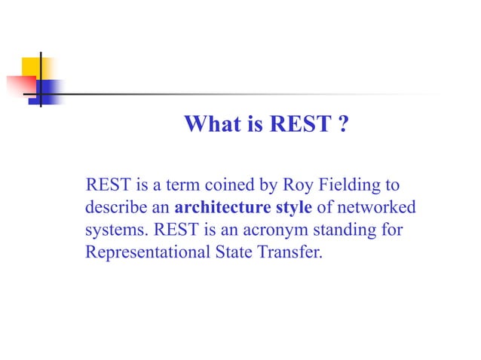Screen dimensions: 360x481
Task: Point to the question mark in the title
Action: click(343, 124)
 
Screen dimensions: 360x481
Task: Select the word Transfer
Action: click(294, 251)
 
